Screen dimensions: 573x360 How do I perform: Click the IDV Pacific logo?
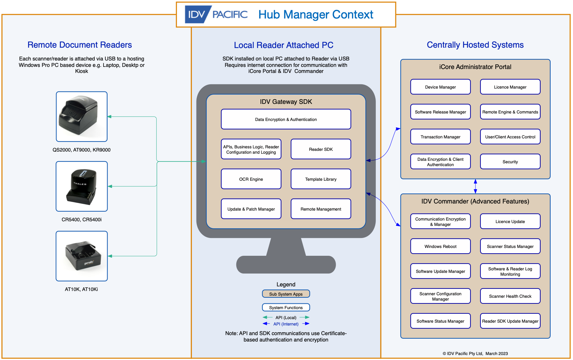tap(216, 14)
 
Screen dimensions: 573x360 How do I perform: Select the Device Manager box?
tap(440, 87)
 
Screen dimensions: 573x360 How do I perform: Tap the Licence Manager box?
tap(510, 87)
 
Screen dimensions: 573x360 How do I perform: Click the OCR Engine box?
tap(251, 179)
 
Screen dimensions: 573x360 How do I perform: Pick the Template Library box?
tap(321, 179)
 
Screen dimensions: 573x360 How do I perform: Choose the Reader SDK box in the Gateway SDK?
tap(321, 149)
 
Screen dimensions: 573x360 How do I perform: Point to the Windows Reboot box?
tap(440, 246)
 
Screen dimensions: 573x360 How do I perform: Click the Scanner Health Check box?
tap(510, 296)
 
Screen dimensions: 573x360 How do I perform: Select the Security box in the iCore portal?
tap(510, 162)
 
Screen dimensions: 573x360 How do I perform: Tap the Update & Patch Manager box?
tap(251, 209)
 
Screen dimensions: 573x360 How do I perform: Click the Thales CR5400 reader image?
tap(82, 186)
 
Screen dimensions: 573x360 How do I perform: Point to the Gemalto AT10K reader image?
tap(82, 256)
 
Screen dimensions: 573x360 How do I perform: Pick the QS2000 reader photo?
tap(82, 117)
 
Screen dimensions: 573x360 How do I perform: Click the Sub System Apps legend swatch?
tap(286, 294)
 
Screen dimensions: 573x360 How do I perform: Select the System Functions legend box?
tap(286, 307)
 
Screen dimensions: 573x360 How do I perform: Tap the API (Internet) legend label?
tap(286, 324)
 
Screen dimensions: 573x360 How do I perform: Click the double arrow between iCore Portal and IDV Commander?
tap(475, 186)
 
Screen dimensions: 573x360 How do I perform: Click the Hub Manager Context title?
tap(316, 15)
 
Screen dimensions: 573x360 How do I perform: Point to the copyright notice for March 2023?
tap(475, 353)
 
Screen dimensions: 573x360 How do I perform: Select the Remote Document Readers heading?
tap(80, 45)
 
